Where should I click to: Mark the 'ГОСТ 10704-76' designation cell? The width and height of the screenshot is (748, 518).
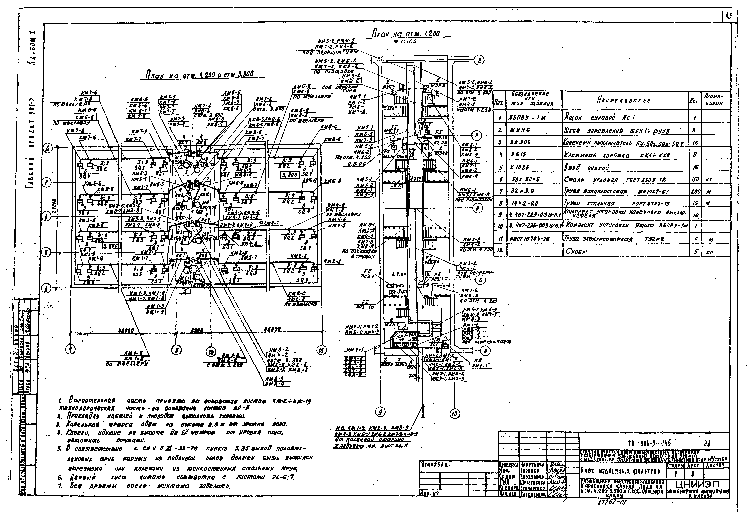tap(526, 239)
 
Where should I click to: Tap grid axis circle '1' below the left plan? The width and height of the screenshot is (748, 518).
tap(70, 349)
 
